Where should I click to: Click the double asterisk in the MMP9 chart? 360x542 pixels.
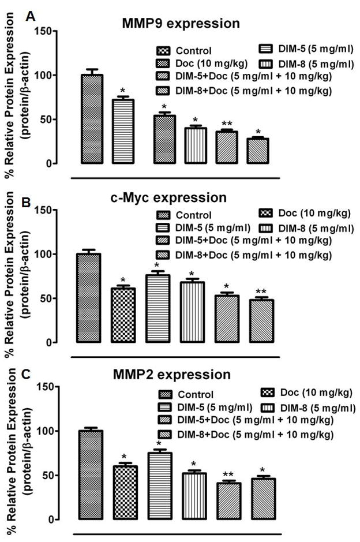pyautogui.click(x=227, y=124)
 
